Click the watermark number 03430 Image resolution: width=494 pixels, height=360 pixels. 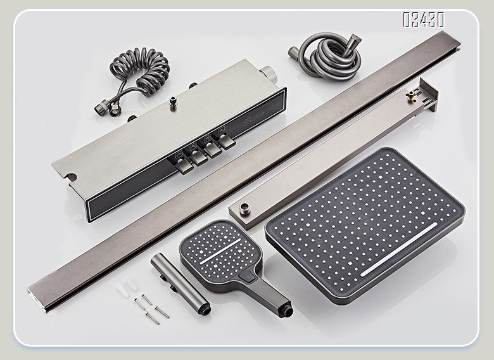click(x=423, y=20)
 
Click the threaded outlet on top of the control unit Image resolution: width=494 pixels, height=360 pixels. click(x=172, y=100)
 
